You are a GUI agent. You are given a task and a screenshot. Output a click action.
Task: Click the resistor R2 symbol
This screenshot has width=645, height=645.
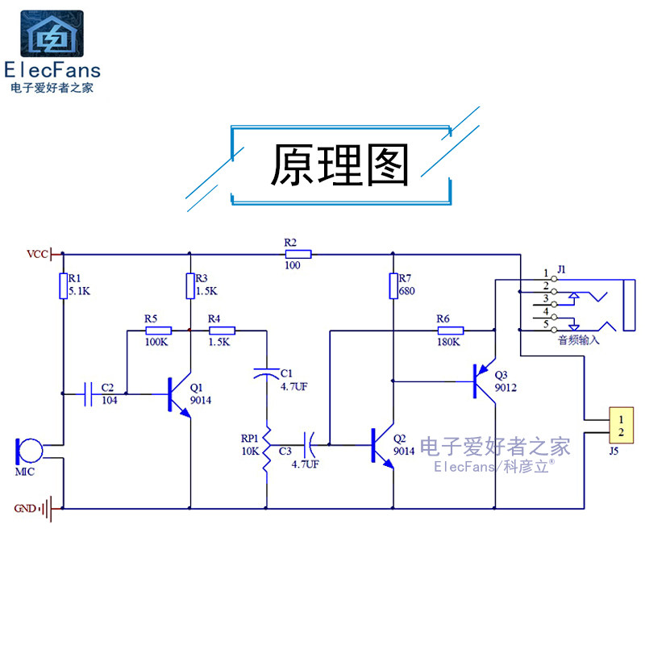click(298, 254)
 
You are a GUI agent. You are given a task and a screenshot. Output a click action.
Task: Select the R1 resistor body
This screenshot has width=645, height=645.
click(63, 286)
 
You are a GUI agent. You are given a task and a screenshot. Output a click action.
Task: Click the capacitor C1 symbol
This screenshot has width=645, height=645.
click(266, 372)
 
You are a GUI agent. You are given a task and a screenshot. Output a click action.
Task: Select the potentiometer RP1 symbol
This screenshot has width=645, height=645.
click(266, 452)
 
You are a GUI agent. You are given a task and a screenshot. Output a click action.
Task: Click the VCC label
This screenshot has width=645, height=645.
click(37, 255)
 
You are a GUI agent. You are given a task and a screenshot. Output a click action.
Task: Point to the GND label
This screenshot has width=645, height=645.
click(25, 509)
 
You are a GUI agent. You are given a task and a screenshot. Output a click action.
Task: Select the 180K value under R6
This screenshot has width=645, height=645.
click(447, 342)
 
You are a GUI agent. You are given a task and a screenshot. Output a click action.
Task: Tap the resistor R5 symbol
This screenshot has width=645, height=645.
click(158, 330)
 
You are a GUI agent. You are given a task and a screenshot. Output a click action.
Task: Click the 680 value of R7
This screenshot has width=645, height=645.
click(407, 291)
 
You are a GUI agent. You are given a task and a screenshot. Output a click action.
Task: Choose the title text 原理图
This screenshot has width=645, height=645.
click(339, 166)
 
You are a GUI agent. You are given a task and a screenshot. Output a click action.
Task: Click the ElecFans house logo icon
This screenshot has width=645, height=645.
click(51, 33)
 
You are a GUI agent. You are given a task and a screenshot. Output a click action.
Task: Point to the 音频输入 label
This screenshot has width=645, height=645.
click(579, 340)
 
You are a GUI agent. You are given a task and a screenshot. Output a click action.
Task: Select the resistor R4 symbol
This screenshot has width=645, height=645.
click(222, 330)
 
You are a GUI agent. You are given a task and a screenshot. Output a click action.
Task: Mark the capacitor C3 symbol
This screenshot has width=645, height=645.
click(310, 443)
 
